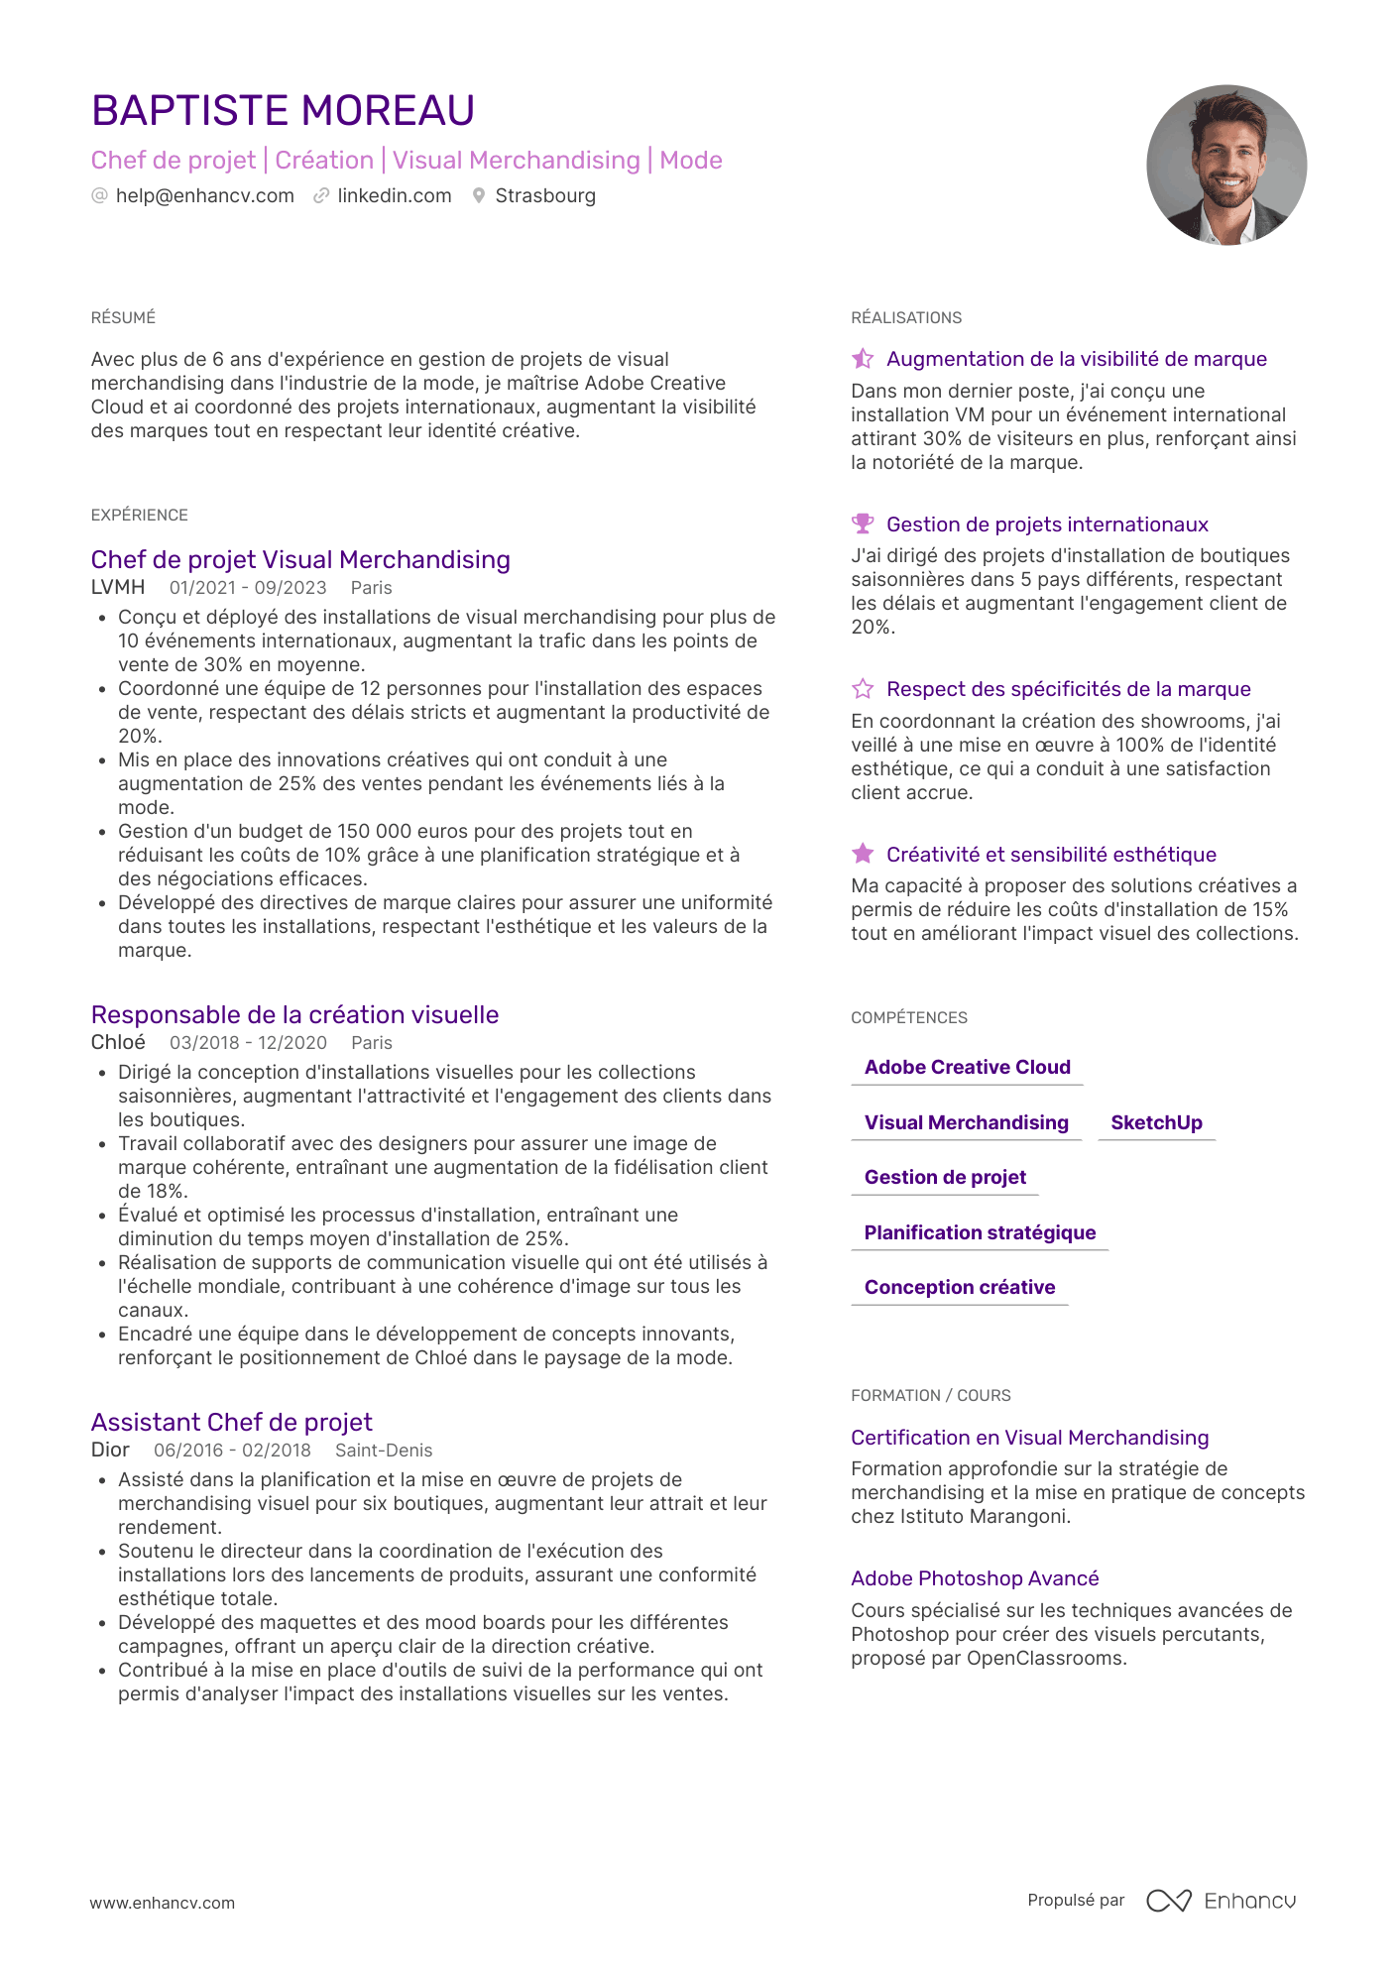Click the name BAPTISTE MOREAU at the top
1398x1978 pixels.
pyautogui.click(x=283, y=110)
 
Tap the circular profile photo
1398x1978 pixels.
pyautogui.click(x=1225, y=165)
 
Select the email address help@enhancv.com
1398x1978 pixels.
pyautogui.click(x=204, y=196)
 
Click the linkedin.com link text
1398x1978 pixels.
pyautogui.click(x=394, y=196)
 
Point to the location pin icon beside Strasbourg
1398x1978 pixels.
pyautogui.click(x=479, y=196)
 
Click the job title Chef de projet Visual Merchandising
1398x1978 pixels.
pyautogui.click(x=300, y=560)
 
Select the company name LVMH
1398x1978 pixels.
pyautogui.click(x=118, y=588)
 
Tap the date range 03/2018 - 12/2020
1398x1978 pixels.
pyautogui.click(x=248, y=1043)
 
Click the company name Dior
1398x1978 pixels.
pyautogui.click(x=110, y=1451)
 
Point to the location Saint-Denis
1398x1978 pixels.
pyautogui.click(x=384, y=1451)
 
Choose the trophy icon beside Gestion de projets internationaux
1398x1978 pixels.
pyautogui.click(x=863, y=524)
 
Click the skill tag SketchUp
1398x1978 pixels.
pyautogui.click(x=1156, y=1122)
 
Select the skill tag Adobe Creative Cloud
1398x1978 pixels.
pyautogui.click(x=967, y=1068)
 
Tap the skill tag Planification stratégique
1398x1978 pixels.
pyautogui.click(x=980, y=1232)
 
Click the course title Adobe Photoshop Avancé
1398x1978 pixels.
pyautogui.click(x=975, y=1578)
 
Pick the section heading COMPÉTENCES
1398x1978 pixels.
pyautogui.click(x=909, y=1018)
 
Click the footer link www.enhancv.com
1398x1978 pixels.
pyautogui.click(x=163, y=1903)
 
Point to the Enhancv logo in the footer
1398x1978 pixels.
pyautogui.click(x=1222, y=1901)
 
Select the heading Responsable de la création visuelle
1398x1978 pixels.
pyautogui.click(x=294, y=1015)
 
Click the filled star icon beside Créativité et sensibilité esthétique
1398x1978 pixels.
pyautogui.click(x=863, y=854)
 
